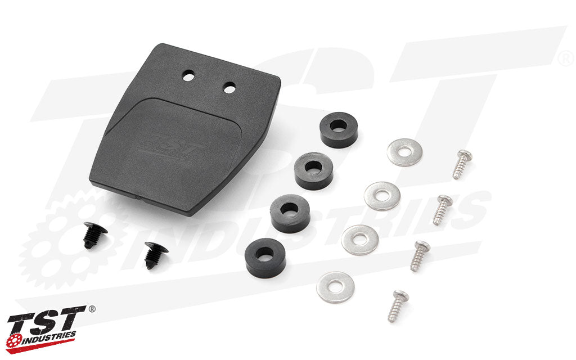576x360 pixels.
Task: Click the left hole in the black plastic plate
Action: [x=188, y=76]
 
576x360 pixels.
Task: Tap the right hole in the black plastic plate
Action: [x=229, y=88]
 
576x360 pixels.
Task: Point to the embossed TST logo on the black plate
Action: [x=169, y=147]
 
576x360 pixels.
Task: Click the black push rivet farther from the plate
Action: [x=156, y=255]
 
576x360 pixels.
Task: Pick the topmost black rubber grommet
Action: [x=339, y=130]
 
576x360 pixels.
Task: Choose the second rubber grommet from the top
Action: [x=313, y=171]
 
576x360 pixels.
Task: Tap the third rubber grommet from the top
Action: [x=290, y=213]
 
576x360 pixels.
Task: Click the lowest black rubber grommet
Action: [x=265, y=258]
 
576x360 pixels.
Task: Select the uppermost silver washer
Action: [x=404, y=152]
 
